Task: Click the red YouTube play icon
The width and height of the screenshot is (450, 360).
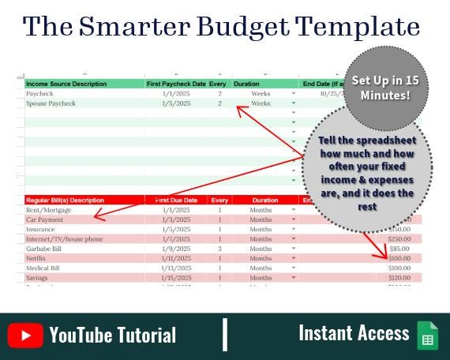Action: pos(26,336)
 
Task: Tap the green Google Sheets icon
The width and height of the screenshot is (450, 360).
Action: pos(427,335)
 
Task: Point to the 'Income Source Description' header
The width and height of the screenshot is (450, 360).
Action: pos(66,83)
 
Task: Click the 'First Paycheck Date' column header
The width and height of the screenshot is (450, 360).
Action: pos(175,83)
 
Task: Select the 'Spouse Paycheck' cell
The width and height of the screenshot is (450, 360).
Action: pos(51,103)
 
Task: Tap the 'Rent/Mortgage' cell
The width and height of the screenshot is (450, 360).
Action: pos(49,210)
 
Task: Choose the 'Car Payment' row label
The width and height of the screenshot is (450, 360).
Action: pos(47,219)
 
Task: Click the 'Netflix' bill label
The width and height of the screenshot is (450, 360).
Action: pos(38,258)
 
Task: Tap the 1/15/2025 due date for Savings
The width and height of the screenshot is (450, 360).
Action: pos(175,278)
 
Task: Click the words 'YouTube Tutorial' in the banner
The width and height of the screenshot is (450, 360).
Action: pos(113,336)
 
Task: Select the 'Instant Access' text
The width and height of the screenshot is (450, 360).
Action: pos(354,333)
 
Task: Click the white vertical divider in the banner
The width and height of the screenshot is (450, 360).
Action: pos(225,334)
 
